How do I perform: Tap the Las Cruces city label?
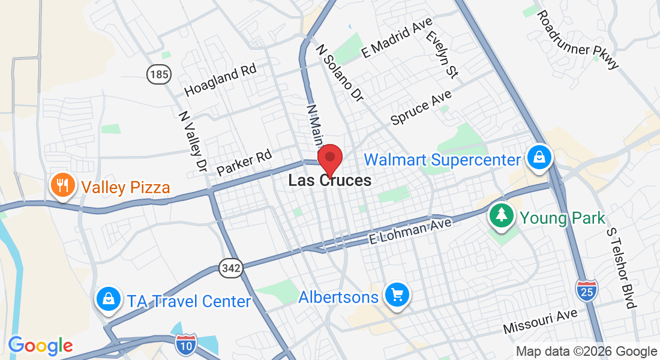click(329, 180)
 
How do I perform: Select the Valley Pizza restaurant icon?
click(61, 186)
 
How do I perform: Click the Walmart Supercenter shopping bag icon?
click(539, 158)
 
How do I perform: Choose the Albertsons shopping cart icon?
click(397, 295)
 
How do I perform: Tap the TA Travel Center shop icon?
click(109, 298)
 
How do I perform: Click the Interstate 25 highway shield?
click(586, 290)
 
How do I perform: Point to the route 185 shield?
click(158, 74)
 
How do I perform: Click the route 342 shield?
click(230, 268)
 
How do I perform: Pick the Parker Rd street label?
click(244, 163)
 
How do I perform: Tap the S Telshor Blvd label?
click(620, 268)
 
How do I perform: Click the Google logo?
click(40, 346)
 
